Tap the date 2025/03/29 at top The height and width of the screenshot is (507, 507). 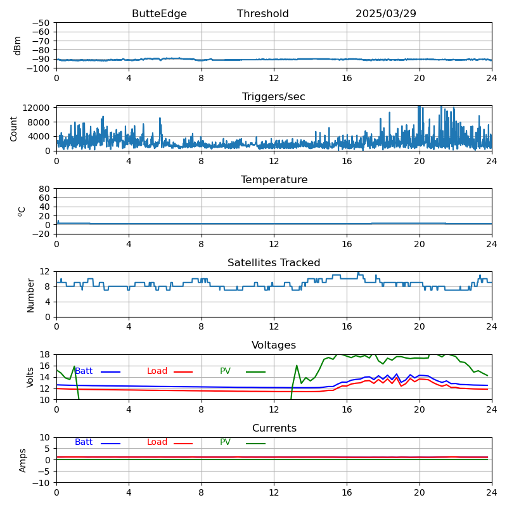(x=385, y=14)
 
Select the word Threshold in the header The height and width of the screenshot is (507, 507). (x=262, y=14)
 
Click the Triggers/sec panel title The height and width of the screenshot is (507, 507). (x=274, y=97)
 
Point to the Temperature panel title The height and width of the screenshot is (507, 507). (x=274, y=180)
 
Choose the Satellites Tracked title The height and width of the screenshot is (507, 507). (x=274, y=263)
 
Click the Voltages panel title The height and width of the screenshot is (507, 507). (x=274, y=345)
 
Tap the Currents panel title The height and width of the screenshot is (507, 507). (x=274, y=428)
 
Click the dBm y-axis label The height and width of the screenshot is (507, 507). (x=18, y=45)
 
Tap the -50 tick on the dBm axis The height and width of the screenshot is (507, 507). (x=41, y=23)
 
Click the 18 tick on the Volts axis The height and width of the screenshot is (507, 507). (x=46, y=354)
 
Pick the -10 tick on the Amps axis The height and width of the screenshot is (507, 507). (x=41, y=483)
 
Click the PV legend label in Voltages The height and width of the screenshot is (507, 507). (x=225, y=371)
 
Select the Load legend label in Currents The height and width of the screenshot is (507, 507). (x=157, y=442)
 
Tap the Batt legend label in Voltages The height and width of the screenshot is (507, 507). (x=84, y=371)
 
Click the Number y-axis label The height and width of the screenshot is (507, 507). (x=30, y=295)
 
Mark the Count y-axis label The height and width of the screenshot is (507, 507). (x=14, y=128)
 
